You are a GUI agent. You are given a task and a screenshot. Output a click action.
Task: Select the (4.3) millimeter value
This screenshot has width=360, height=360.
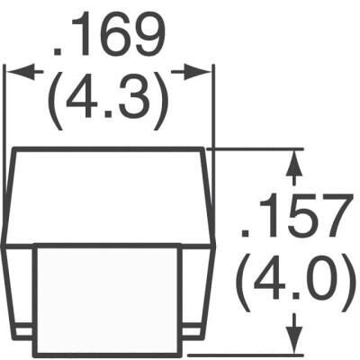pyautogui.click(x=110, y=101)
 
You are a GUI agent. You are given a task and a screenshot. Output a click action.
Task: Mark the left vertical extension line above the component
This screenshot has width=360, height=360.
pyautogui.click(x=6, y=108)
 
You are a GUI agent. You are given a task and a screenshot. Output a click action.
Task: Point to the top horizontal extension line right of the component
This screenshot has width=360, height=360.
pyautogui.click(x=261, y=148)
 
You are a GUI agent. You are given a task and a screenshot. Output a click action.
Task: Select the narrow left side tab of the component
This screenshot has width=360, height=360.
pyautogui.click(x=18, y=288)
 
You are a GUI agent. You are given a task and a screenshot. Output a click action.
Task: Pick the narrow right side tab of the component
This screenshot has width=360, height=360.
pyautogui.click(x=199, y=288)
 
